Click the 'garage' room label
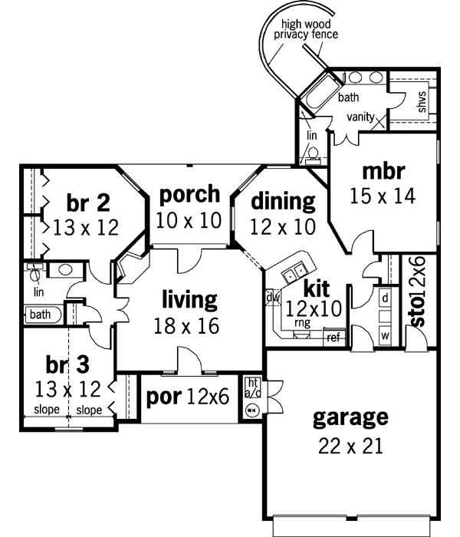click(x=350, y=419)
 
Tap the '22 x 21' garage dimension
click(x=350, y=445)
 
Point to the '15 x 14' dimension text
click(x=384, y=196)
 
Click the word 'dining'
click(x=284, y=201)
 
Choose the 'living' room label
click(x=189, y=298)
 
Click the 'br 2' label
click(x=88, y=203)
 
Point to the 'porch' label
click(x=189, y=194)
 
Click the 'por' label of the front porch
click(x=163, y=398)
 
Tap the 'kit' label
click(x=317, y=289)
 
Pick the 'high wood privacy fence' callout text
click(x=310, y=29)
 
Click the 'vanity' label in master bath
click(x=360, y=117)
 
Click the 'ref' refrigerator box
click(x=333, y=337)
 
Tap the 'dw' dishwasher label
click(x=272, y=296)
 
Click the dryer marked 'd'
click(x=385, y=296)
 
